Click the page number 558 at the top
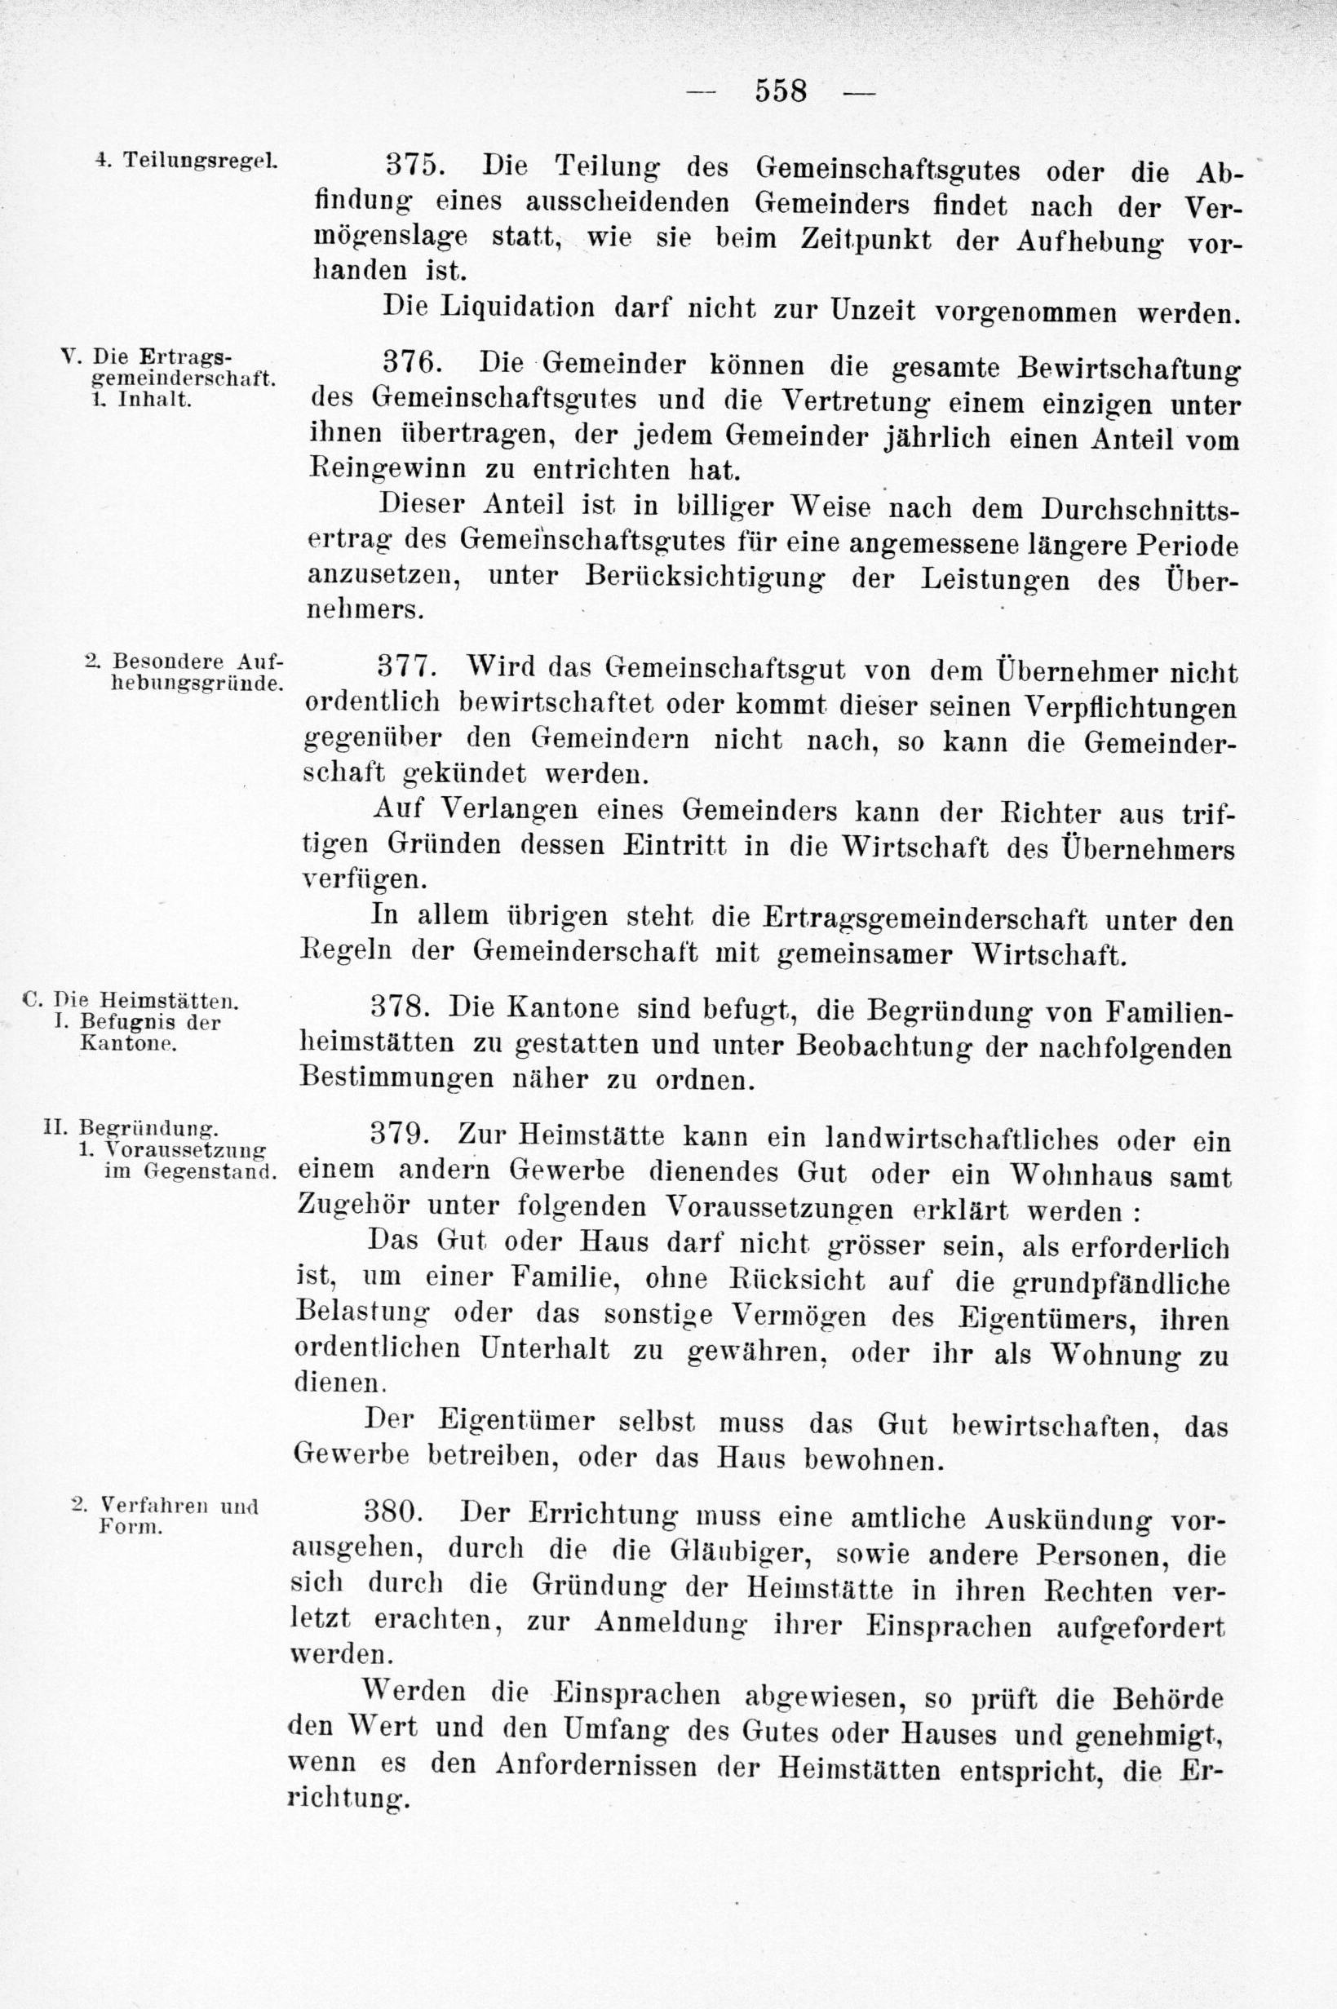(780, 91)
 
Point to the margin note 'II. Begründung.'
(131, 1129)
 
